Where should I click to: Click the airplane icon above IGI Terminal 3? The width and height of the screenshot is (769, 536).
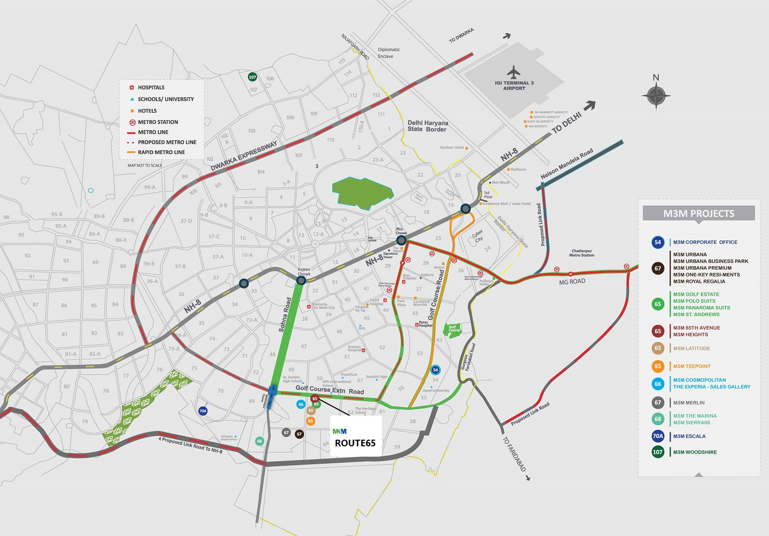click(x=513, y=71)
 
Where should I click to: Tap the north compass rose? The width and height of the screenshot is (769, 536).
click(x=656, y=95)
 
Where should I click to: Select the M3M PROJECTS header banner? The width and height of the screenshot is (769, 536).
click(x=698, y=214)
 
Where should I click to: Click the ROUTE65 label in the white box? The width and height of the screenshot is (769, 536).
click(x=355, y=443)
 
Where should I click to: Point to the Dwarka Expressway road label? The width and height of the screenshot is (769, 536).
click(x=244, y=156)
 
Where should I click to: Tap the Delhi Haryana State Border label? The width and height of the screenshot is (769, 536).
click(x=428, y=126)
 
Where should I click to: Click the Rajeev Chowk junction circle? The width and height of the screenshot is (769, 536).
click(x=301, y=280)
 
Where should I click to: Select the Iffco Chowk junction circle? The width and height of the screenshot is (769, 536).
click(x=401, y=240)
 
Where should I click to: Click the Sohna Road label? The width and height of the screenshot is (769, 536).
click(x=285, y=315)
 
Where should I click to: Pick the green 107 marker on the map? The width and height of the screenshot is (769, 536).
click(x=252, y=77)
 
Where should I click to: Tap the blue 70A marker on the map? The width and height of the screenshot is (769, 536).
click(x=203, y=411)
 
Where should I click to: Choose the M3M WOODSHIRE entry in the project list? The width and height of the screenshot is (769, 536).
click(x=695, y=452)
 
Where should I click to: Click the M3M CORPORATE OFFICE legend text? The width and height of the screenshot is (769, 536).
click(x=705, y=242)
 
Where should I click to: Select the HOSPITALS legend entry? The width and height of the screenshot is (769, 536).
click(x=151, y=88)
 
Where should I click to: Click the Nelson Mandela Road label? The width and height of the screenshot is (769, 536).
click(x=566, y=164)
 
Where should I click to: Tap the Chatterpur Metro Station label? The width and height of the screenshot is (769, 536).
click(x=582, y=253)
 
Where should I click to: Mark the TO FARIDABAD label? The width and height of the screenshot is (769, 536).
click(x=514, y=454)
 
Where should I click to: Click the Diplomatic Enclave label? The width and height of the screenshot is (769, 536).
click(x=389, y=53)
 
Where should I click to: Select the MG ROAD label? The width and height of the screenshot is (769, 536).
click(x=572, y=282)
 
